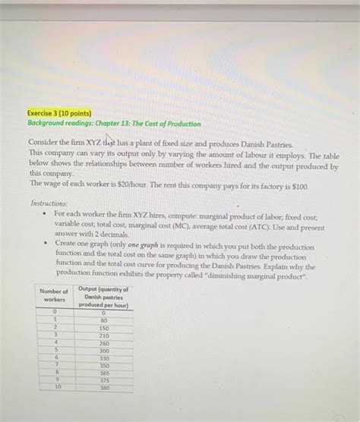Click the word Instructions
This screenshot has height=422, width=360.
click(49, 204)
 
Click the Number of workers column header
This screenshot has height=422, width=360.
click(54, 295)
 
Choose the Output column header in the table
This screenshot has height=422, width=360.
click(103, 297)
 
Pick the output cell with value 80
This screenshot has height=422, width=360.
click(103, 320)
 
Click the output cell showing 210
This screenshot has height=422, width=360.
click(103, 335)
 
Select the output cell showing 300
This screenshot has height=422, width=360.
click(103, 351)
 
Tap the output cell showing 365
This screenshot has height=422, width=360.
click(103, 373)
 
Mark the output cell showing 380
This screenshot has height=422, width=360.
click(103, 388)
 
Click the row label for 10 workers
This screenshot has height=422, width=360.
click(54, 388)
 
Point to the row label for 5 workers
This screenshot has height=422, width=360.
click(54, 351)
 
